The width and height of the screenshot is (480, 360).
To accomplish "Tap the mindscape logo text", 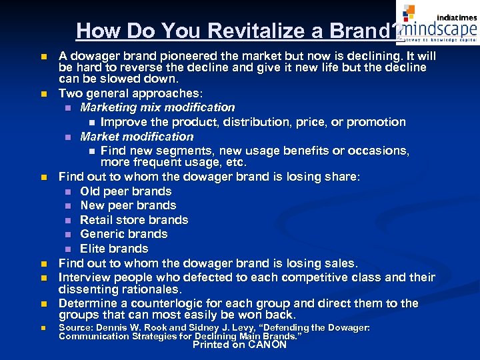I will click(x=437, y=28).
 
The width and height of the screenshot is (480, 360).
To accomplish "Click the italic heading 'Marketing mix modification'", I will click(x=157, y=107).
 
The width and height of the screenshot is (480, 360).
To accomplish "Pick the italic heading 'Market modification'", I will click(x=137, y=137).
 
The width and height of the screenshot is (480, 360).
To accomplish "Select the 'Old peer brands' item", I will click(x=126, y=191).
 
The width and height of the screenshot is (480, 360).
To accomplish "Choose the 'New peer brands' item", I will click(x=128, y=205).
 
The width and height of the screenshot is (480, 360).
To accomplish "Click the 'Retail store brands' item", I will click(x=134, y=220).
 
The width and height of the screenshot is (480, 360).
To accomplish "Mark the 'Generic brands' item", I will click(x=123, y=234).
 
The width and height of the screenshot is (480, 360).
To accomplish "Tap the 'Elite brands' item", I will click(x=114, y=249).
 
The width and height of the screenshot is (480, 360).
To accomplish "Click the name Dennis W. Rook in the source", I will click(x=133, y=328).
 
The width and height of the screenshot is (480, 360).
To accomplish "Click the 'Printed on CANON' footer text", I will click(x=239, y=345).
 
